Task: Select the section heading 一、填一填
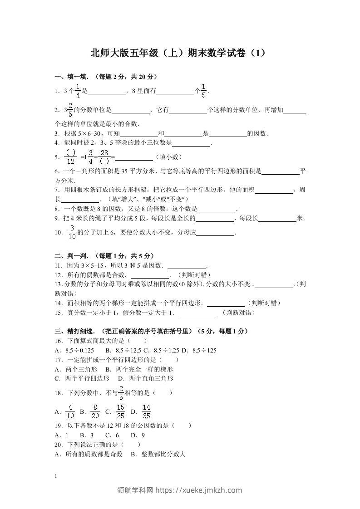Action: (x=69, y=76)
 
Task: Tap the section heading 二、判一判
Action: (x=69, y=255)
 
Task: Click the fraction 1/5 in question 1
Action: (x=204, y=91)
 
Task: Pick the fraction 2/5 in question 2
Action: (x=70, y=110)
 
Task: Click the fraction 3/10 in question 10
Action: (x=72, y=232)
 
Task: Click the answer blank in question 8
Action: (x=217, y=210)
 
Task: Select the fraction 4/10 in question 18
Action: (x=70, y=411)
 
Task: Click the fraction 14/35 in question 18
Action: (x=146, y=411)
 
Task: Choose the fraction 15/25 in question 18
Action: (x=121, y=411)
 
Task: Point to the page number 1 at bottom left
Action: (x=55, y=476)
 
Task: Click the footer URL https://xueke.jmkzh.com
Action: (x=199, y=490)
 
